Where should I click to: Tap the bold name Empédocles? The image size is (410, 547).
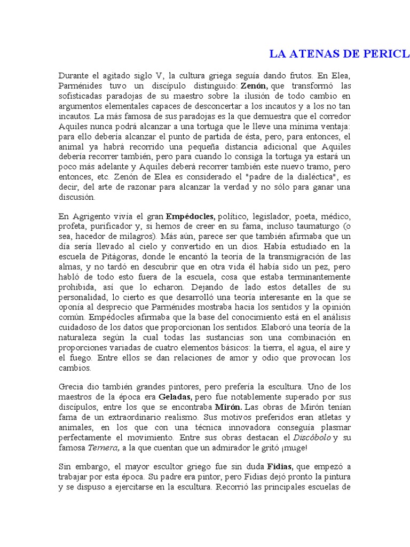tap(190, 216)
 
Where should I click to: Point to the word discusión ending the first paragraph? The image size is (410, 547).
tap(76, 197)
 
